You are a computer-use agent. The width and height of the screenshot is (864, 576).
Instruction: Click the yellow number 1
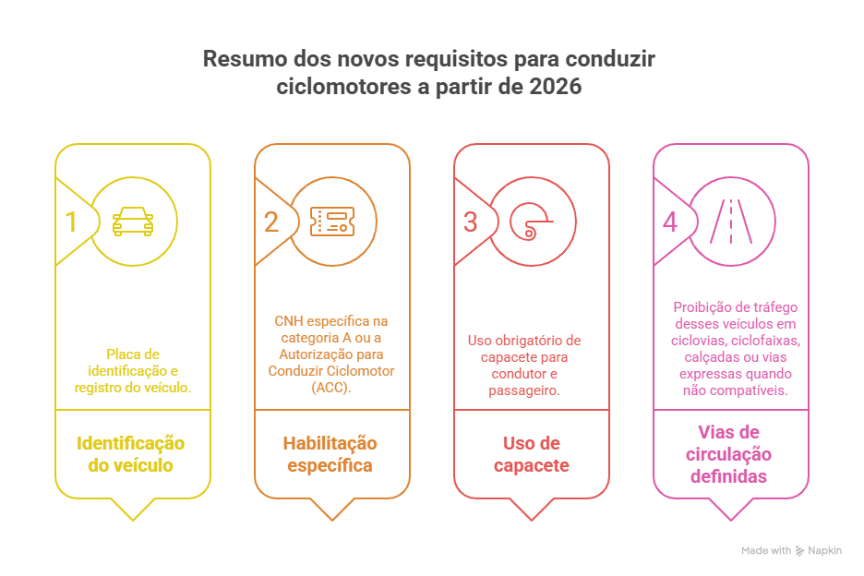pyautogui.click(x=70, y=222)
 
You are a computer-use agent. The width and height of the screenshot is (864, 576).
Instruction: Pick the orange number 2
pyautogui.click(x=270, y=222)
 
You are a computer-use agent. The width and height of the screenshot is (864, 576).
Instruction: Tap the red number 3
pyautogui.click(x=470, y=222)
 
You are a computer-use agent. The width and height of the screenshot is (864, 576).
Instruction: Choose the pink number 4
pyautogui.click(x=670, y=222)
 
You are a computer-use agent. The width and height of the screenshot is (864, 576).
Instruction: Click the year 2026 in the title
pyautogui.click(x=556, y=88)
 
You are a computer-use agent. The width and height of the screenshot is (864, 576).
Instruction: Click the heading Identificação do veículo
pyautogui.click(x=130, y=454)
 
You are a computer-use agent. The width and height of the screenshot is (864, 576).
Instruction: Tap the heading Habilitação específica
pyautogui.click(x=330, y=454)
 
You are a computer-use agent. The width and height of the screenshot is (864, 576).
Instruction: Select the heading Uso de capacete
pyautogui.click(x=531, y=454)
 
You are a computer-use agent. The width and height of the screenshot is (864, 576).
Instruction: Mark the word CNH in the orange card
pyautogui.click(x=288, y=321)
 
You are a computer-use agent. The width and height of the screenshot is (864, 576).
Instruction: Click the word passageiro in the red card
pyautogui.click(x=523, y=390)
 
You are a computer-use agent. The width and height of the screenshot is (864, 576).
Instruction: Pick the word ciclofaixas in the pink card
pyautogui.click(x=768, y=341)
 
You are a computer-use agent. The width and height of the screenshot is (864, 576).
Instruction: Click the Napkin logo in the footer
pyautogui.click(x=818, y=550)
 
